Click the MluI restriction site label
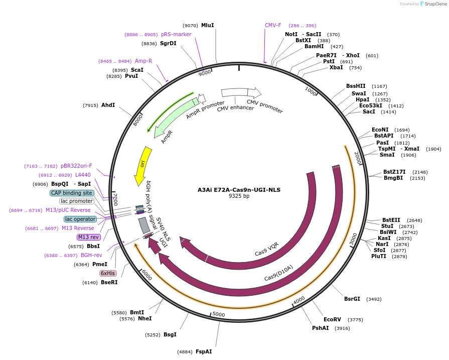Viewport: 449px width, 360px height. coord(207,25)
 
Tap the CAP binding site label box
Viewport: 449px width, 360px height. coord(72,193)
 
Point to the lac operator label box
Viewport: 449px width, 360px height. coord(80,219)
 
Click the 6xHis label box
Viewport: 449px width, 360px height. coord(108,273)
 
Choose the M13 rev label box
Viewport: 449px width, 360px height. coord(88,237)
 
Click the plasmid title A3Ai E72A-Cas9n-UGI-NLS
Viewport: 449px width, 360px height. coord(239,190)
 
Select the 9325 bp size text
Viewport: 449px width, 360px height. coord(239,196)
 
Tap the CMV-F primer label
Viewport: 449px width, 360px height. coord(273,25)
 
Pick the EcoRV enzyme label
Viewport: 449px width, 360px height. coord(332,319)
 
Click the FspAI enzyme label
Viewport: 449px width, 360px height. coord(204,351)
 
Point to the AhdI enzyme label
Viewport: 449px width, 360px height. coord(108,105)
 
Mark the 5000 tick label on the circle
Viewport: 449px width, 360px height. coord(219,314)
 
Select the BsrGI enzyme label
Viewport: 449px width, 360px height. coord(352,299)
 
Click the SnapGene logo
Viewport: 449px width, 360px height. coord(434,4)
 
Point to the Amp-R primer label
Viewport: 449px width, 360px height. coord(143,61)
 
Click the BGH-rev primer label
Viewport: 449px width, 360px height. coord(92,255)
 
